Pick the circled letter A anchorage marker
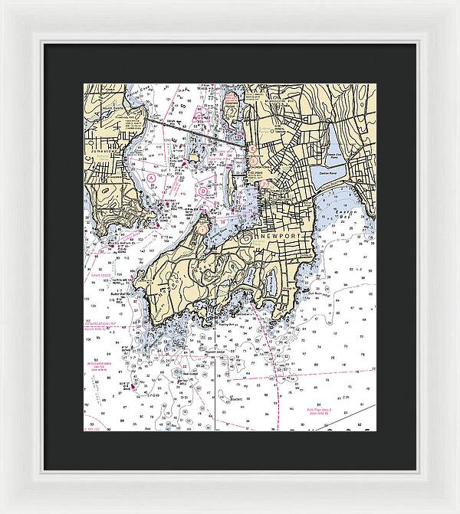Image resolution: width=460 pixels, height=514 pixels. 152,177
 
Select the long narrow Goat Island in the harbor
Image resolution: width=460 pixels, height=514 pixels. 230,182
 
